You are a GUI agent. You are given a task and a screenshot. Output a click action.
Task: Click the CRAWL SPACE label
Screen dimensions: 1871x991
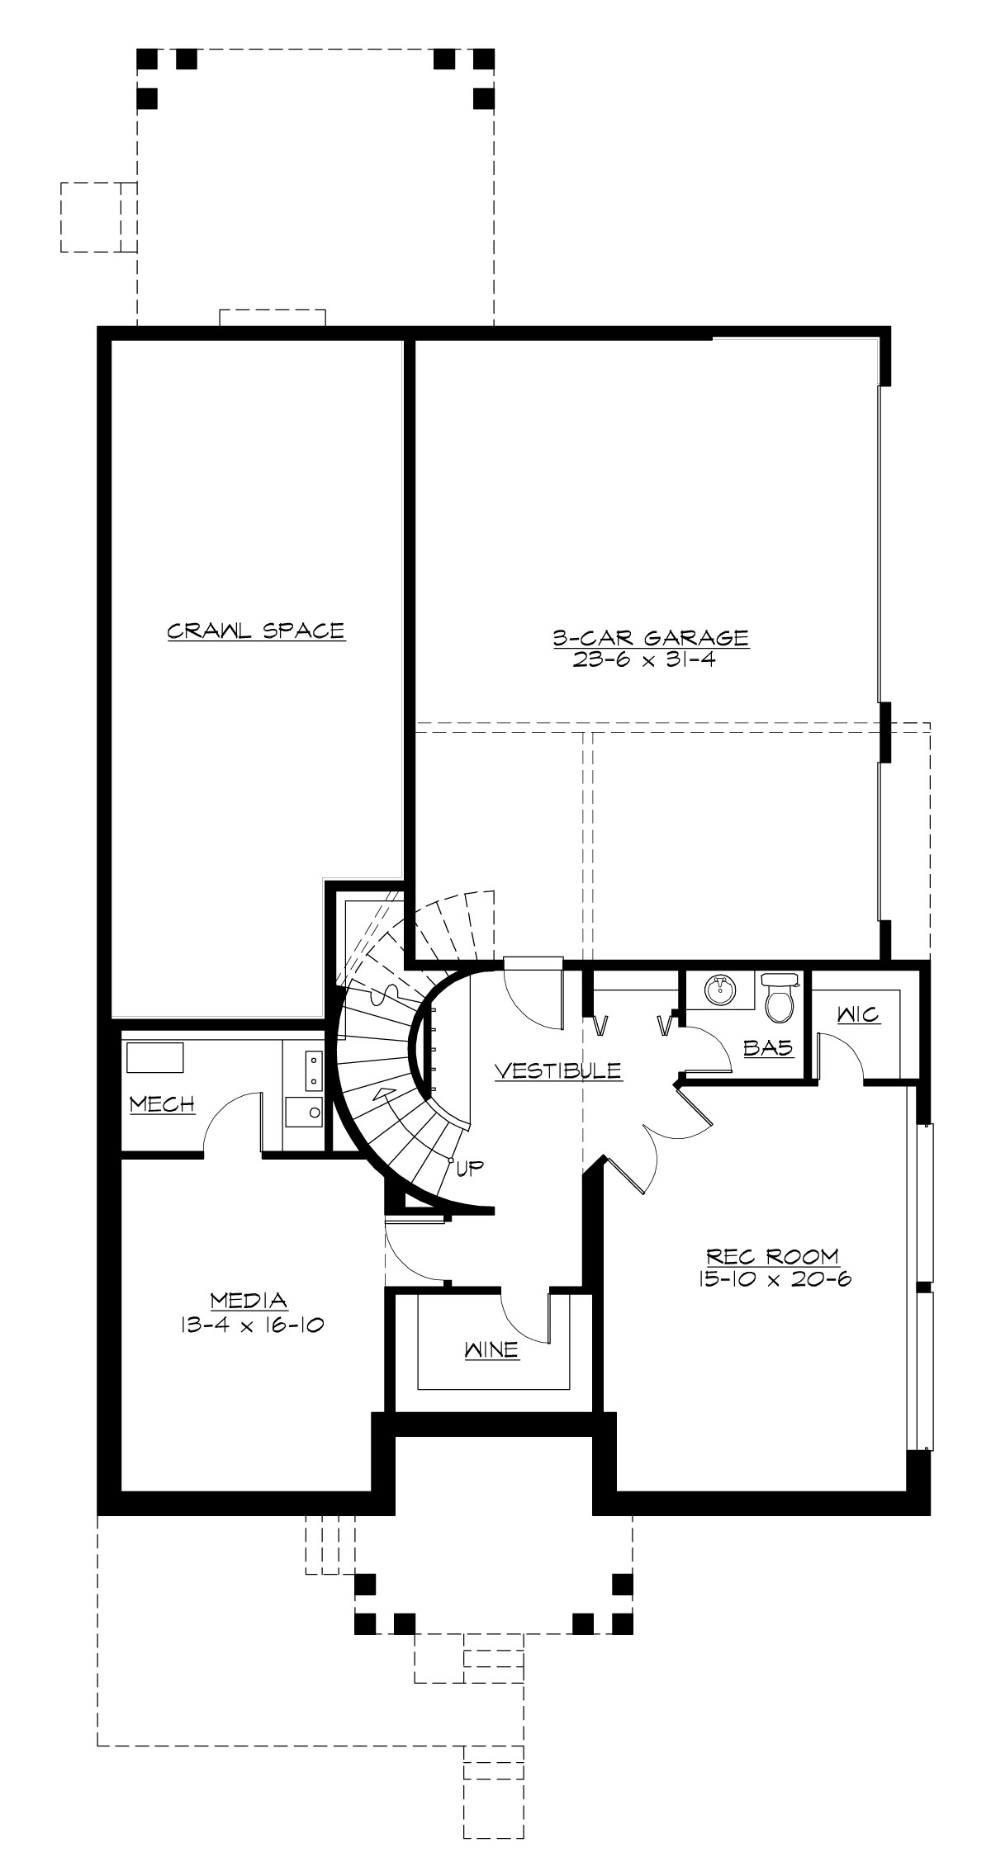[x=256, y=631]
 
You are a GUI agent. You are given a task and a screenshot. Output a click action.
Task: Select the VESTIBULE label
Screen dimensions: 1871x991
[x=557, y=1070]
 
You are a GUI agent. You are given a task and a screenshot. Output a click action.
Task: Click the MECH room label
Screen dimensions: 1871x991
[x=163, y=1103]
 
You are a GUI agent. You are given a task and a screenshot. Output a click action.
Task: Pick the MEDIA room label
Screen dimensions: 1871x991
[x=249, y=1301]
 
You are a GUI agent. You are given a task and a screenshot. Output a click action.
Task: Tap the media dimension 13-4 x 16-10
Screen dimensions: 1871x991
[x=249, y=1325]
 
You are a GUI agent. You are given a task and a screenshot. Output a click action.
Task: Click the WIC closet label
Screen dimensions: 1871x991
[x=859, y=1014]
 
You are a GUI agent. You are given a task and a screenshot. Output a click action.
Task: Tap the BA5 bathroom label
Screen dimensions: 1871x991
[x=768, y=1047]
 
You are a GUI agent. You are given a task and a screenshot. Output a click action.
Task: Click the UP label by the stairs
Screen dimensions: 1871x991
[x=469, y=1167]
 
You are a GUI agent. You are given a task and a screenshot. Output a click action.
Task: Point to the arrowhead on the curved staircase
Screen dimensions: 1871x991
[x=382, y=1094]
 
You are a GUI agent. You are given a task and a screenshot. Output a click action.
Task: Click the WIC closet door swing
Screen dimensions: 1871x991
[x=842, y=1056]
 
